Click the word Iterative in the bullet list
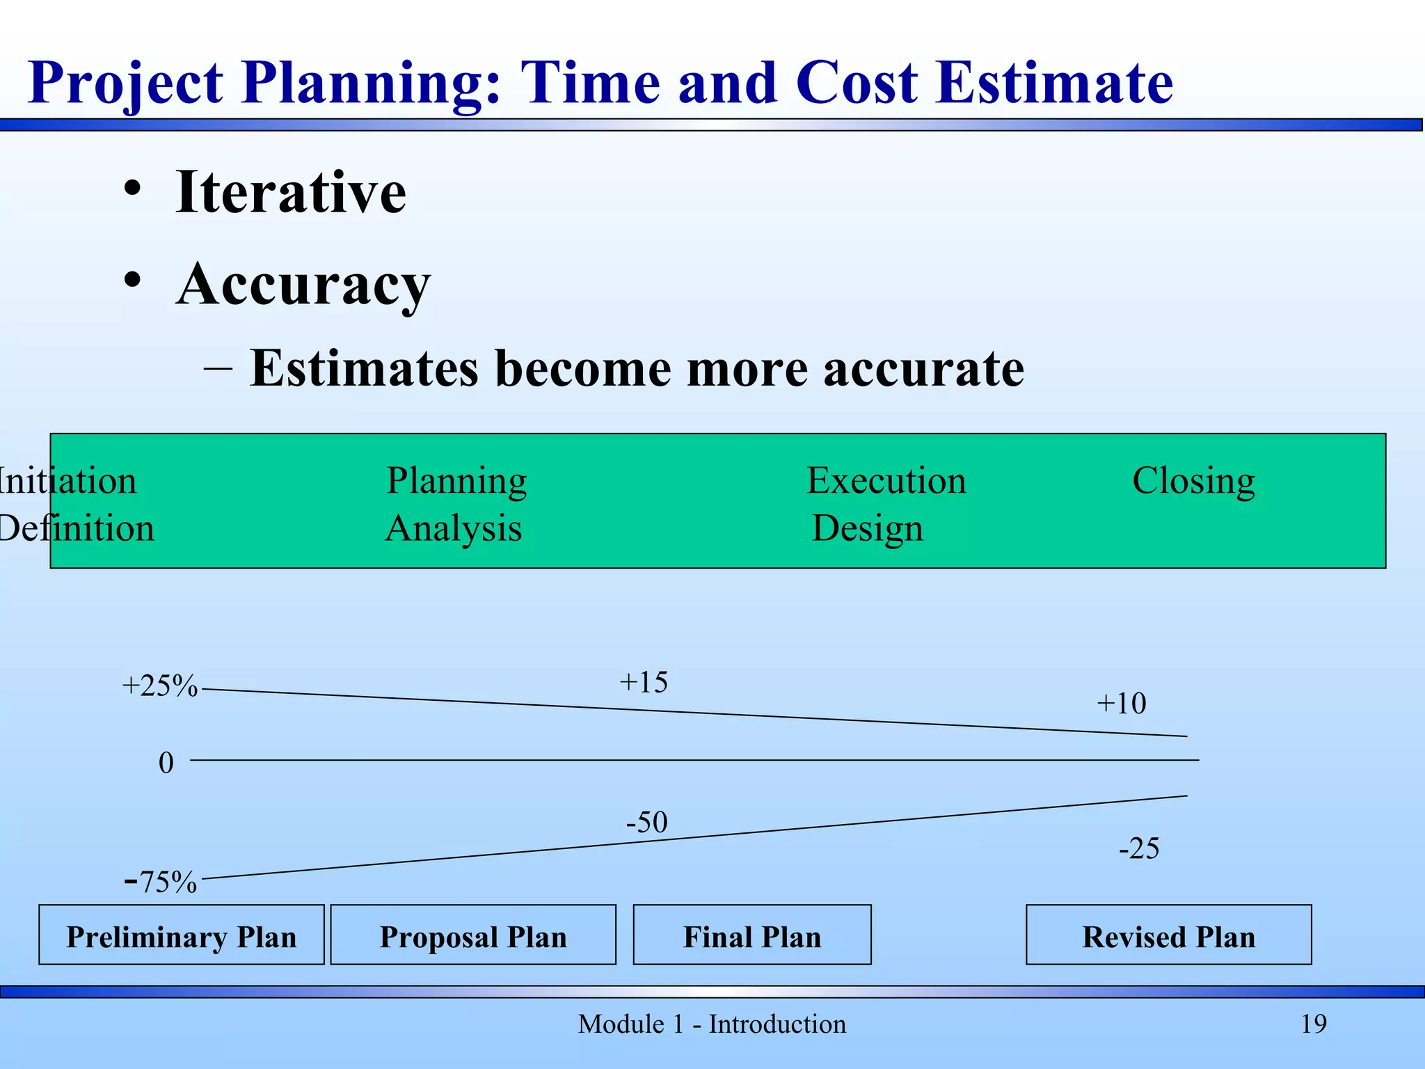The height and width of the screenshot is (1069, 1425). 290,192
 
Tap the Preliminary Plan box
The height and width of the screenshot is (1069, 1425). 182,935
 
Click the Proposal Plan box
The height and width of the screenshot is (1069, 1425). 473,935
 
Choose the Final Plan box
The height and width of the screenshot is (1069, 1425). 752,935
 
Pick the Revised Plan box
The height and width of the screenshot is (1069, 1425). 1169,935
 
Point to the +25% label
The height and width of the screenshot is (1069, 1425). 160,686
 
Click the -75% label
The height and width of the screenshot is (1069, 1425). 161,882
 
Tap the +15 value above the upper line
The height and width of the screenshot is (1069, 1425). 644,682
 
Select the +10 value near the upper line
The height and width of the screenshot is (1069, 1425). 1121,704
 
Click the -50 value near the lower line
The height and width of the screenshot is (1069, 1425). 647,823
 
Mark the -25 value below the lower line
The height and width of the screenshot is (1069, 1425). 1139,849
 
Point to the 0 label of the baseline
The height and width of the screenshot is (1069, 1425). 166,763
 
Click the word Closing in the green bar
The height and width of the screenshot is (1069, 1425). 1193,480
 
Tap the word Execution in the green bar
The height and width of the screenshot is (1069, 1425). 886,480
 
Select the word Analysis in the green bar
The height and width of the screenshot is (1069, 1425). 454,528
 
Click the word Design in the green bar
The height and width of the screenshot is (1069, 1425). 868,528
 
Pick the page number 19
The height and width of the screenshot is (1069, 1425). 1314,1024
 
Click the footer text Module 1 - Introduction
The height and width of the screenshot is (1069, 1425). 712,1024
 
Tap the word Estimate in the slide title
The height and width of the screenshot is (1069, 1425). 1054,83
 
